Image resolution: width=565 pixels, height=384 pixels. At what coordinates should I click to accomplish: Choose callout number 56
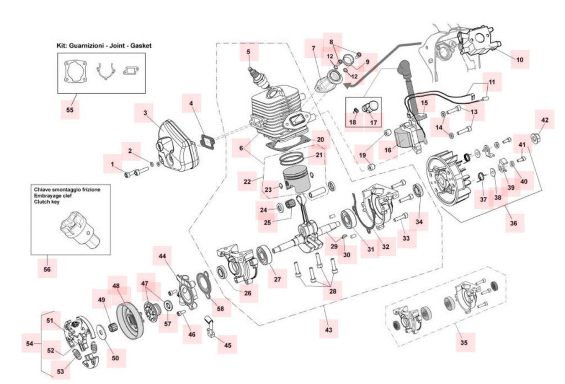tap(47, 269)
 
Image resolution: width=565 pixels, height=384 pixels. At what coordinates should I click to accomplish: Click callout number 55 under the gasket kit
tap(70, 110)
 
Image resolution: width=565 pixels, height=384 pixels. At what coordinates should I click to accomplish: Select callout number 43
tap(328, 330)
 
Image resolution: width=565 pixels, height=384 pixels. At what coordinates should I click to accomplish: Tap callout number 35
tap(463, 342)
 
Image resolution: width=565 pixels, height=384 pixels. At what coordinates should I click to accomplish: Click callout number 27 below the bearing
tap(277, 279)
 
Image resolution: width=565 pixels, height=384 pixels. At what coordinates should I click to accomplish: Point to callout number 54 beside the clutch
tap(30, 343)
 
